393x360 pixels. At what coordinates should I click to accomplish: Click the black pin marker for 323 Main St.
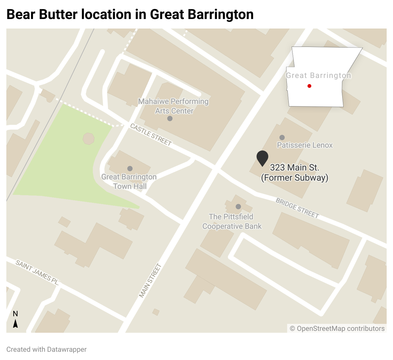pos(262,158)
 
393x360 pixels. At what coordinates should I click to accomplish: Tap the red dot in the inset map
pos(309,86)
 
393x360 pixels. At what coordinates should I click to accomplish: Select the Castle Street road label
pos(151,135)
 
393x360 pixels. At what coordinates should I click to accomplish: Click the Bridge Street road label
pos(297,208)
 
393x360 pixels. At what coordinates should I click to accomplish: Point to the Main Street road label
pos(150,281)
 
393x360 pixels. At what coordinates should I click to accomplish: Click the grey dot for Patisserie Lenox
pos(282,138)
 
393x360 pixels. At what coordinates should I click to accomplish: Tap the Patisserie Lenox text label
pos(305,145)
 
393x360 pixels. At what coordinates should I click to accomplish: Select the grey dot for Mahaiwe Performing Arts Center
pos(170,119)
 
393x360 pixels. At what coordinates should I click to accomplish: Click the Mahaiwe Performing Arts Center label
pos(174,106)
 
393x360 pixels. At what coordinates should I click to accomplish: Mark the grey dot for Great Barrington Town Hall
pos(130,169)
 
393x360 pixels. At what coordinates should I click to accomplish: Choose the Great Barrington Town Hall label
pos(129,182)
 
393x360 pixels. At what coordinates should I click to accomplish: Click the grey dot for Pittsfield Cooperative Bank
pos(238,207)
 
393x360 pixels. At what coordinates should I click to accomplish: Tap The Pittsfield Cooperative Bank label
pos(232,222)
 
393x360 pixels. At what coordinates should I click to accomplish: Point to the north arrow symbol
pos(15,323)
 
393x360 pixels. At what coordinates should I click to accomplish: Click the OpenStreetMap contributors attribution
pos(337,329)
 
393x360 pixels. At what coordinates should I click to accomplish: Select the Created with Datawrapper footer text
pos(47,350)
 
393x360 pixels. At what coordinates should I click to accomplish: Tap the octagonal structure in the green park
pos(88,139)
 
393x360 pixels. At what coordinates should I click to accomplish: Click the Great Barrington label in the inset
pos(319,75)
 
